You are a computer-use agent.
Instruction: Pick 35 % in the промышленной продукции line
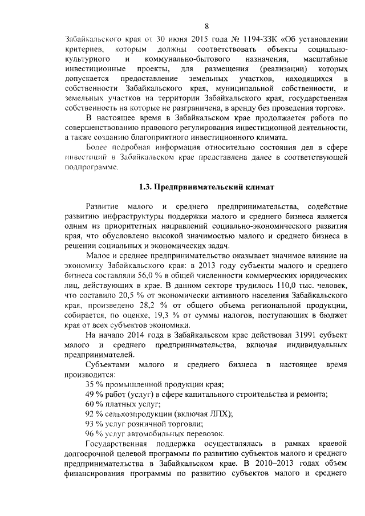point(93,384)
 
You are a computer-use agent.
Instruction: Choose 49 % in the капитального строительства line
point(93,394)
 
